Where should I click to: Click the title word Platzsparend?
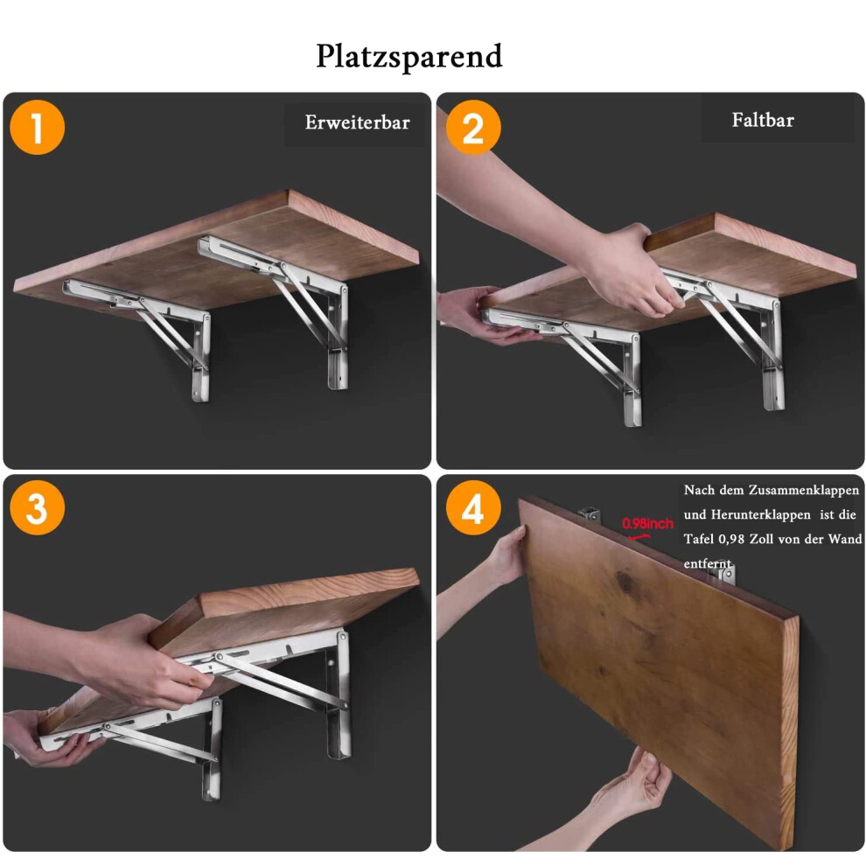pyautogui.click(x=409, y=56)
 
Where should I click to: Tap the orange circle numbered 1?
pyautogui.click(x=37, y=127)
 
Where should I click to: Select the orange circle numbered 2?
pyautogui.click(x=473, y=127)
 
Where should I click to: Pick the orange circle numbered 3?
pyautogui.click(x=37, y=507)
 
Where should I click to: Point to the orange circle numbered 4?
pyautogui.click(x=473, y=507)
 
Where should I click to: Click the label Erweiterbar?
pyautogui.click(x=358, y=122)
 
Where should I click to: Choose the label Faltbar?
pyautogui.click(x=763, y=120)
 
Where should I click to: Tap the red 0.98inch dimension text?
pyautogui.click(x=647, y=524)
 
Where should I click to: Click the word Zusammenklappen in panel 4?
pyautogui.click(x=804, y=491)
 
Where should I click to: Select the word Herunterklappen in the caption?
pyautogui.click(x=760, y=514)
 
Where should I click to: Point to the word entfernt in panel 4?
pyautogui.click(x=708, y=564)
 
